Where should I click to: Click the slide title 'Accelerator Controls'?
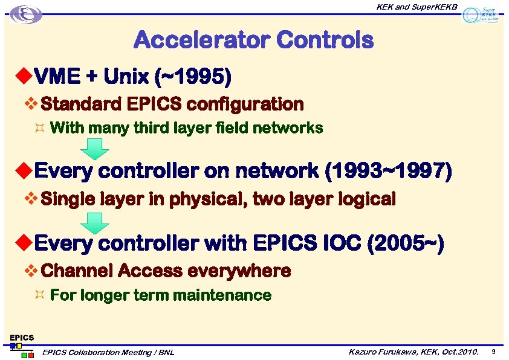[x=253, y=40]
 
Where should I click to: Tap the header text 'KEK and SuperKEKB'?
[x=417, y=7]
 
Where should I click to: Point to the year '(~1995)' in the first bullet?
[x=193, y=77]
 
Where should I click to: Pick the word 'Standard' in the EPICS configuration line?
[x=81, y=104]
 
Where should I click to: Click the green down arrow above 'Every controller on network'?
[x=96, y=149]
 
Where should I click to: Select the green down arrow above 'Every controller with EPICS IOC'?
[x=96, y=223]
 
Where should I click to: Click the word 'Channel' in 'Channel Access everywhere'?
[x=77, y=271]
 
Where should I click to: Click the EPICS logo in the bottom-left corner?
[x=21, y=345]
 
